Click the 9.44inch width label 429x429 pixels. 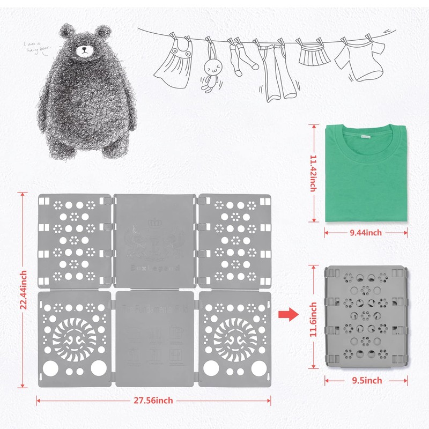(x=367, y=233)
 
